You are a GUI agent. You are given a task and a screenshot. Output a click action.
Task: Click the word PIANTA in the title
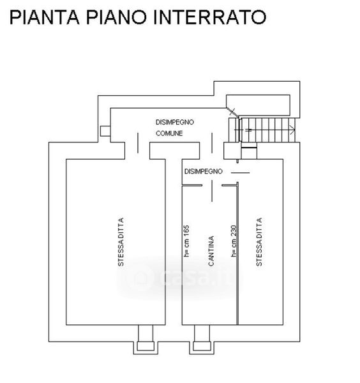[45, 17]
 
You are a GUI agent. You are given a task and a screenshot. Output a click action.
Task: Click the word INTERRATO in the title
[210, 17]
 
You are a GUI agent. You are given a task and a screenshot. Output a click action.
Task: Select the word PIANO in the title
[117, 17]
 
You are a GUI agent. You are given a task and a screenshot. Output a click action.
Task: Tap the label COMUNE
[169, 133]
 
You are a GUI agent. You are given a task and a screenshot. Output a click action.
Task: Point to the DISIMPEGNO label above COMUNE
[175, 122]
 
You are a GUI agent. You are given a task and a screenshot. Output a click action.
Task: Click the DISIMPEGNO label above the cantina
[203, 171]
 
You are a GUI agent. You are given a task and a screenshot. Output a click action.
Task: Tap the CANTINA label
[211, 251]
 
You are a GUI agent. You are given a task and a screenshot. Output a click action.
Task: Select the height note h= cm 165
[186, 241]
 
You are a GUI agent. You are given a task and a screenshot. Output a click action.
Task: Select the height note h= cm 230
[234, 241]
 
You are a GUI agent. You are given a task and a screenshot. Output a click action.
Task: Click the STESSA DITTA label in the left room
[121, 242]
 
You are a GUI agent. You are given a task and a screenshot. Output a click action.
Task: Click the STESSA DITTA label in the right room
[259, 242]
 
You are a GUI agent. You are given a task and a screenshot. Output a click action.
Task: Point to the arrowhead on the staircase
[292, 130]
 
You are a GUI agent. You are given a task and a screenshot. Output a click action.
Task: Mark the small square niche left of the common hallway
[105, 131]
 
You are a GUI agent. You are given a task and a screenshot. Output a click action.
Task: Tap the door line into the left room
[138, 143]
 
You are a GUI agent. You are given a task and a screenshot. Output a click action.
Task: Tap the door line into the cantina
[212, 191]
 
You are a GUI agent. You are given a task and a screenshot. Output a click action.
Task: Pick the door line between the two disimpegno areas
[212, 143]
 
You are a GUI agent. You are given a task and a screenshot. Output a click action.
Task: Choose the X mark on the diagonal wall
[232, 112]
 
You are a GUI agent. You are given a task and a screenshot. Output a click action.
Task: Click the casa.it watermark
[179, 278]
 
